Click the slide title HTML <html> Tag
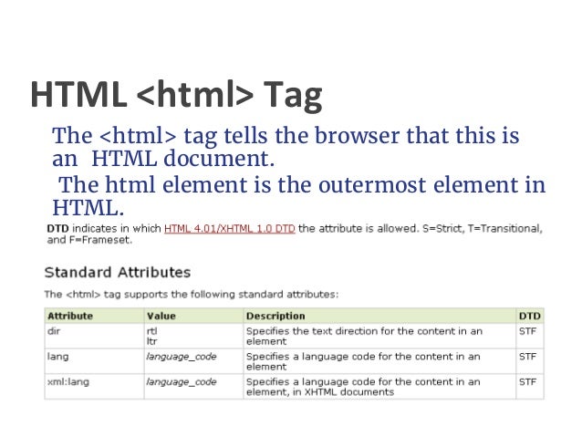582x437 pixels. (x=176, y=94)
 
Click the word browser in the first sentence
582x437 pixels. (x=355, y=137)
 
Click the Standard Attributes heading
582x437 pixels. (x=118, y=272)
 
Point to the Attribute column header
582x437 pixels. (x=70, y=316)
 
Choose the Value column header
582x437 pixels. (x=160, y=316)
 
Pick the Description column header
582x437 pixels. (x=275, y=316)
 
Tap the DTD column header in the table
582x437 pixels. (x=529, y=316)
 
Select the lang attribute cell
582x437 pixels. (x=57, y=357)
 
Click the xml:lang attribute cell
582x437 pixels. (x=66, y=381)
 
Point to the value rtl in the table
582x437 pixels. (x=151, y=330)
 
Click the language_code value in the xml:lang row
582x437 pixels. (x=181, y=381)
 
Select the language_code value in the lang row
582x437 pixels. (x=181, y=357)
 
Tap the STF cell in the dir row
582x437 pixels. (x=527, y=330)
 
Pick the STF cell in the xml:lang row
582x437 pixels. (x=527, y=381)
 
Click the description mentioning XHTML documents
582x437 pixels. (x=364, y=387)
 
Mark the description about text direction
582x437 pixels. (x=364, y=335)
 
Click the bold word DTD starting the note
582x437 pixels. (x=56, y=228)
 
